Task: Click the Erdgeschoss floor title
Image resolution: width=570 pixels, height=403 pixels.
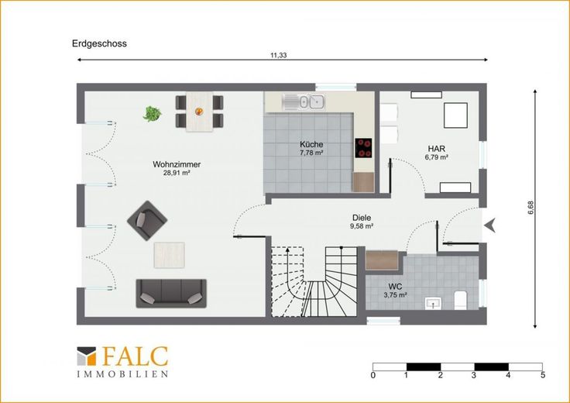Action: tap(99, 43)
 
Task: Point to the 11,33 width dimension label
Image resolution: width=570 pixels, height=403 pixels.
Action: tap(279, 55)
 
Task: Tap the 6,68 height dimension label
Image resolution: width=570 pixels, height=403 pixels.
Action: tap(531, 208)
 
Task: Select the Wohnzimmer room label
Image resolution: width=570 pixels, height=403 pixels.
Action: tap(177, 164)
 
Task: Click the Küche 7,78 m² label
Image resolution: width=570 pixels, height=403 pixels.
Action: tap(311, 148)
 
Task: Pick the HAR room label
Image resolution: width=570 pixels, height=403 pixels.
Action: tap(436, 149)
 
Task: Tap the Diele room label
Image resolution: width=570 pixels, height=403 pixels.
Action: tap(362, 218)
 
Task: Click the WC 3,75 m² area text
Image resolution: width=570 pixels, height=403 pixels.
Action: tap(395, 295)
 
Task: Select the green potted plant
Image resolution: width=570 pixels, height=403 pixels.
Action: tap(152, 113)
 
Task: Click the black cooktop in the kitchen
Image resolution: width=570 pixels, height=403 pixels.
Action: tap(363, 148)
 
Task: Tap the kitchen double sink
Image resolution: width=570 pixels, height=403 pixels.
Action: tap(304, 102)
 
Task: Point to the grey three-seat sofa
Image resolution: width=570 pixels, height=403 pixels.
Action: tap(171, 293)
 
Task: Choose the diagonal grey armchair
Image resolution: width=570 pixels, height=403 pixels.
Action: tap(147, 220)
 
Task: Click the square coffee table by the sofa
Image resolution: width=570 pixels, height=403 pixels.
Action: tap(170, 255)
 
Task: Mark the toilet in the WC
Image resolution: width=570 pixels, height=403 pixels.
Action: tap(460, 301)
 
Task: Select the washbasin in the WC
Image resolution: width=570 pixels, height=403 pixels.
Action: tap(433, 303)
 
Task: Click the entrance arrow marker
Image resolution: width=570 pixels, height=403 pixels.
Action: tap(490, 226)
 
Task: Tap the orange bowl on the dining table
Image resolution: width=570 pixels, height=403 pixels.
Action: tap(199, 112)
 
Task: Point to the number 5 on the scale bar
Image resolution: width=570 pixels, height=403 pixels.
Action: tap(543, 375)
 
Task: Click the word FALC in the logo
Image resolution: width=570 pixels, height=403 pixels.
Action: tap(136, 356)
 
